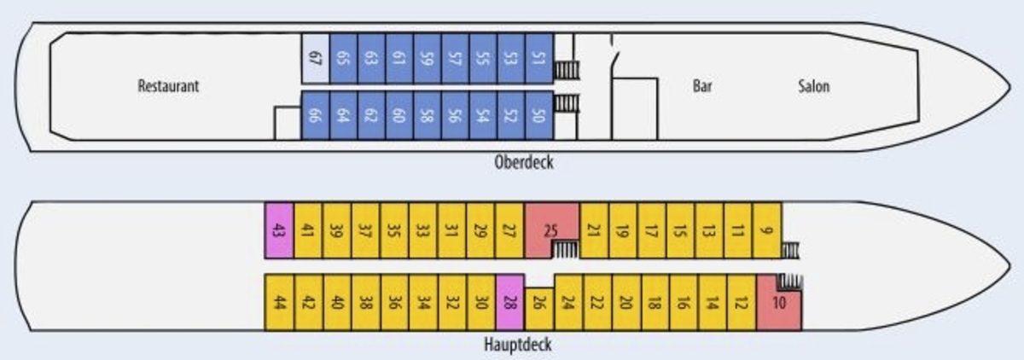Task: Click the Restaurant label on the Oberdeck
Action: pyautogui.click(x=168, y=86)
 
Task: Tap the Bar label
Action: pyautogui.click(x=702, y=86)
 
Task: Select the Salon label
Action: pyautogui.click(x=814, y=86)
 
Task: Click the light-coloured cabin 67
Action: pyautogui.click(x=316, y=58)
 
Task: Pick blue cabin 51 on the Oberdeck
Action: pyautogui.click(x=539, y=58)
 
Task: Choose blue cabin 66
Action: pyautogui.click(x=315, y=115)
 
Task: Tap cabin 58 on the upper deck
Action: pyautogui.click(x=427, y=115)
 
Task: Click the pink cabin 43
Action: pyautogui.click(x=279, y=230)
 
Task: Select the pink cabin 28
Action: pyautogui.click(x=509, y=301)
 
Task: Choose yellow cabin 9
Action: pyautogui.click(x=767, y=230)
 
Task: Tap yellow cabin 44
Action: pyautogui.click(x=279, y=301)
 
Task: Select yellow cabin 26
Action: pyautogui.click(x=539, y=308)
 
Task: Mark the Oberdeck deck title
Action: pyautogui.click(x=524, y=162)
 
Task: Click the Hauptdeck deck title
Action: pyautogui.click(x=518, y=344)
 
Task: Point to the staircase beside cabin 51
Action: pyautogui.click(x=567, y=70)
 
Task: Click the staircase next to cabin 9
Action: pyautogui.click(x=790, y=250)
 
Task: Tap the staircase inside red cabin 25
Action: pyautogui.click(x=565, y=250)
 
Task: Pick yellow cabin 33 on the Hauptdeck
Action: pyautogui.click(x=423, y=230)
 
